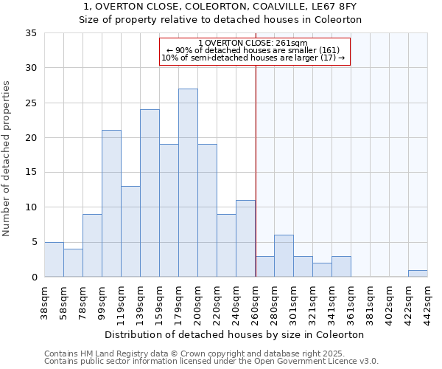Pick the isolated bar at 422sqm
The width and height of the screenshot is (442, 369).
point(418,274)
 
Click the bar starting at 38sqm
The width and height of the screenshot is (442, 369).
point(54,260)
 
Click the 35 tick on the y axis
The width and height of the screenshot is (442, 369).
point(31,33)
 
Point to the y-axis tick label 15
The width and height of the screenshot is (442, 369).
point(31,173)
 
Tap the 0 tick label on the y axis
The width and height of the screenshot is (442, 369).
point(34,277)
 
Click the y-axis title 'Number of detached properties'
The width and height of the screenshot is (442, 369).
point(7,159)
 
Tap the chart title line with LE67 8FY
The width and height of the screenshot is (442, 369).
point(220,7)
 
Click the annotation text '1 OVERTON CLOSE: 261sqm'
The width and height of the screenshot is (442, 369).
point(253,43)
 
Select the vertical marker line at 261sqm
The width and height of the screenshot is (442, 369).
point(256,162)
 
